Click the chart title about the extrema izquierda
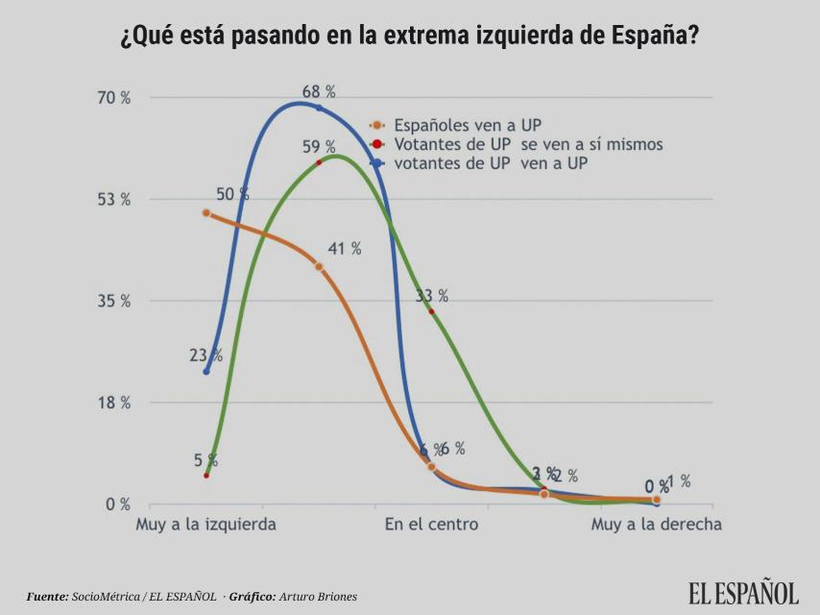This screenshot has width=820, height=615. [409, 37]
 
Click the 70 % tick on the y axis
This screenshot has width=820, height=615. [113, 98]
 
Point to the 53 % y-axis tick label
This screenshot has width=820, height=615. [113, 200]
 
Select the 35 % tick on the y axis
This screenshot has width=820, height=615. [113, 301]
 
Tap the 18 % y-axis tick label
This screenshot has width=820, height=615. [113, 403]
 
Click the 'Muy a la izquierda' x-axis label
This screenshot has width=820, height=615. [205, 525]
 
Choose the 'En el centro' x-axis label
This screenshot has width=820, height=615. [431, 525]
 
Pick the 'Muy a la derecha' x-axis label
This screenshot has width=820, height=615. [656, 525]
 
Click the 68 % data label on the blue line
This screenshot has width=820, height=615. [319, 92]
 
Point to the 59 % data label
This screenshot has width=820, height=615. [319, 148]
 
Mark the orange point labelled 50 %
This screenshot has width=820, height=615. [206, 212]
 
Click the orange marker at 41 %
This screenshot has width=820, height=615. [319, 266]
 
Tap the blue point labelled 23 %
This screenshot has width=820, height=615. [206, 371]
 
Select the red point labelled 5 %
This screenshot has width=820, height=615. [206, 475]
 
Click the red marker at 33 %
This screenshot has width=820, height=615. [432, 311]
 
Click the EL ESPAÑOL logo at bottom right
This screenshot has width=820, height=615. [742, 592]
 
